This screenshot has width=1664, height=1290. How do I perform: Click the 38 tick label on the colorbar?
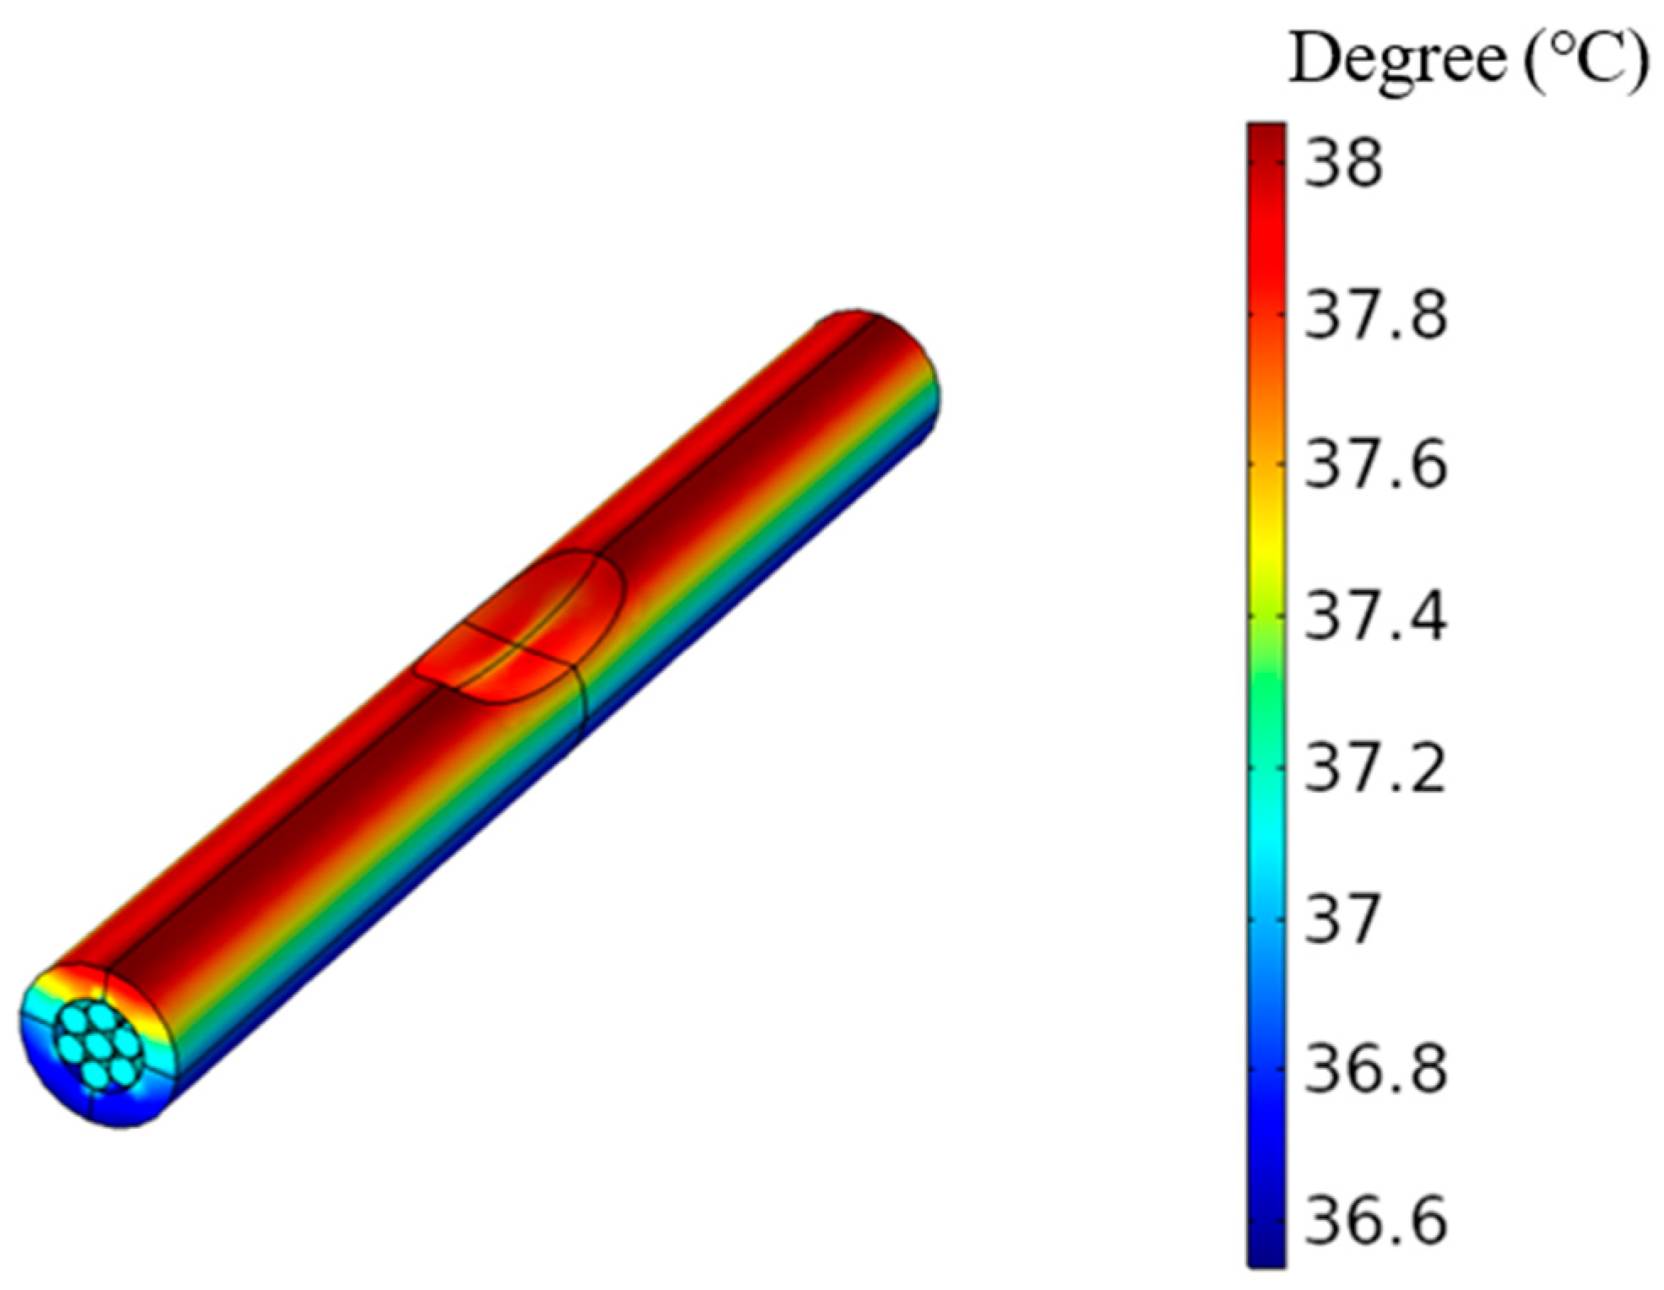coord(1343,164)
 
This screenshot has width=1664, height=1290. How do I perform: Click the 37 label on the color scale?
coord(1343,919)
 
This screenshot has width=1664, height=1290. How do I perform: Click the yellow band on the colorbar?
coord(1266,532)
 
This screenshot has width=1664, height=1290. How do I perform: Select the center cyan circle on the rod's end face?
coord(100,1045)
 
